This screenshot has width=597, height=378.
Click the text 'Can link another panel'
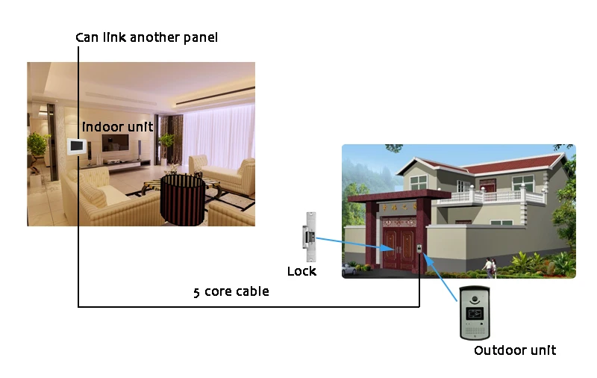[146, 37]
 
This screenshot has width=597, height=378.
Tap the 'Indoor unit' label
[117, 127]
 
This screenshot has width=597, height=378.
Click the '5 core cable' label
[231, 292]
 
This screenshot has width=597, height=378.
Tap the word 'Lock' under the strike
[301, 271]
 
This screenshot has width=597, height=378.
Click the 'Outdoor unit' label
[515, 350]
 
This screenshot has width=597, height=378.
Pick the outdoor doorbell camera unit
[473, 313]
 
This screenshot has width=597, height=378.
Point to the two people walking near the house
[490, 267]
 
